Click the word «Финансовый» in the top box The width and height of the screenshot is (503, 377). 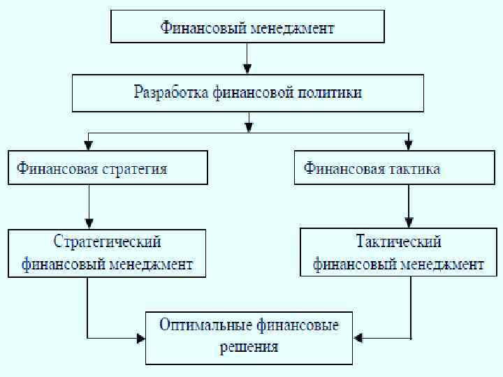point(197,29)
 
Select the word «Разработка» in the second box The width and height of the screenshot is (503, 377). point(170,92)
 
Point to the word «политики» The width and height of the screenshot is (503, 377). point(328,92)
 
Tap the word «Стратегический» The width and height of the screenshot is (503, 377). point(108,242)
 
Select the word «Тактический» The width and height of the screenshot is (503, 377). point(398,242)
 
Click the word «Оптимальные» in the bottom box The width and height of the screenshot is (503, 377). point(204,325)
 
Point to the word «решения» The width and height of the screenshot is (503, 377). point(249,346)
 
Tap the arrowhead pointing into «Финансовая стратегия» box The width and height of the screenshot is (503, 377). point(87,145)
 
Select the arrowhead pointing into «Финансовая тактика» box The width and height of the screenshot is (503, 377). point(408,145)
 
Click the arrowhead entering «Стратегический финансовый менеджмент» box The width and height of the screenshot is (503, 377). point(87,223)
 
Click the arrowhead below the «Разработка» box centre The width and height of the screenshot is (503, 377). point(248,127)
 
